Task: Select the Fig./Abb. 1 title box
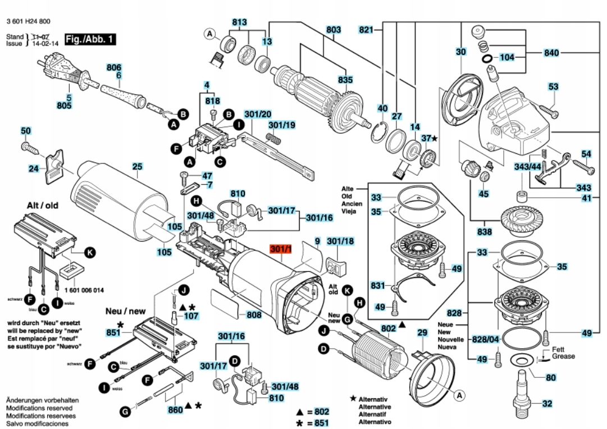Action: point(90,39)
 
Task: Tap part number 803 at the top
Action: point(334,29)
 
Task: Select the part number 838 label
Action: point(485,231)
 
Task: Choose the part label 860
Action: point(176,410)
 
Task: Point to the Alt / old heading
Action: point(42,206)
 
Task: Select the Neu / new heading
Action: point(125,311)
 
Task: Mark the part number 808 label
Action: point(254,315)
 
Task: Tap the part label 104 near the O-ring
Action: point(507,57)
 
